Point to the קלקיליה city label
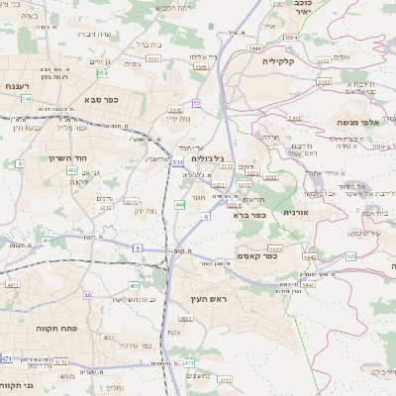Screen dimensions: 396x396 [x=286, y=60]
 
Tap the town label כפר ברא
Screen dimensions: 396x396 [x=247, y=213]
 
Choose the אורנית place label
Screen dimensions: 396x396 [x=297, y=212]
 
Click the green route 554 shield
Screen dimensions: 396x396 [x=102, y=72]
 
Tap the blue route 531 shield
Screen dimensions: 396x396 [x=176, y=160]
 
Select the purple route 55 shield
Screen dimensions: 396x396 [x=196, y=103]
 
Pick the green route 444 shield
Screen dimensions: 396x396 [x=179, y=204]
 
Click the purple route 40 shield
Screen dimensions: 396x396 [x=87, y=294]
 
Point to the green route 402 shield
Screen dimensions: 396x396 [x=71, y=170]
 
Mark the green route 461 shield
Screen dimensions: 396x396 [x=47, y=241]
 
